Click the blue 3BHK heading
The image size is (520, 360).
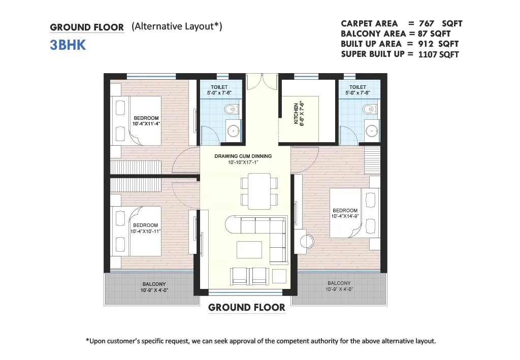coord(68,45)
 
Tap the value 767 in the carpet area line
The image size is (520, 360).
coord(427,23)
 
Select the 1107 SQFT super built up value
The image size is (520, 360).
coord(438,54)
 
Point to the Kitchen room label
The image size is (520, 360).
coord(299,113)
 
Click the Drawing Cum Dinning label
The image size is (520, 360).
coord(243,159)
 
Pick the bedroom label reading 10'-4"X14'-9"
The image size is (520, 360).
coord(345,213)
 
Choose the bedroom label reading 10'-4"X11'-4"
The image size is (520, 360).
coord(146,121)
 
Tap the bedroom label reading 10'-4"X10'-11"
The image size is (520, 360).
coord(146,228)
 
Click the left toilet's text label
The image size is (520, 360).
coord(219,90)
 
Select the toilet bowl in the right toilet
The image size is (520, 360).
coord(369,109)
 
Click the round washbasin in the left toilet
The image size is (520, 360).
coord(234,131)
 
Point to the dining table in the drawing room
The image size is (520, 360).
coord(259,191)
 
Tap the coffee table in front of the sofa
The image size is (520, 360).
coord(249,250)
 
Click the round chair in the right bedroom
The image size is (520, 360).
coord(307,241)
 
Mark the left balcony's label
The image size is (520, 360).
coord(154,287)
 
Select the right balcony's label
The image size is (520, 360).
coord(339,286)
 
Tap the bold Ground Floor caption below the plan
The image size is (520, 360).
coord(247,308)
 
